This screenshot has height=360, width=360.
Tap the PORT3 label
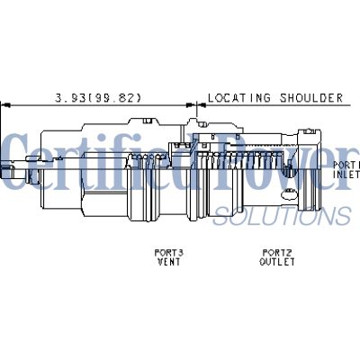coord(169,253)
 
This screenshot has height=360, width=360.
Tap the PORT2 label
coord(274,253)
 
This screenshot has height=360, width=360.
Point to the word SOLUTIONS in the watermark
coord(281,215)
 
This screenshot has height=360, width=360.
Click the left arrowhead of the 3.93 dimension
coord(5,103)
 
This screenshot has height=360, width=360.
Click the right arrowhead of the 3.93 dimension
coord(192,103)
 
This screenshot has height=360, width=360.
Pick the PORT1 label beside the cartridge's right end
coord(346,166)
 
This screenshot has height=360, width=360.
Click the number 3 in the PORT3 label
coord(181,253)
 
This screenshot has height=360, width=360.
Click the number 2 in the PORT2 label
coord(285,253)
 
